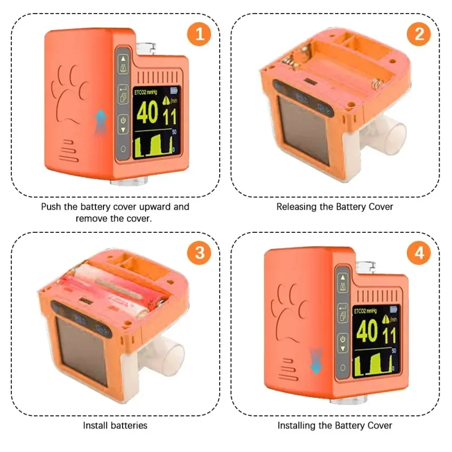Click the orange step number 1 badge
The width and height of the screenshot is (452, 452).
[x=199, y=34]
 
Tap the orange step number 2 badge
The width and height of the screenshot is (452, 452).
[x=419, y=34]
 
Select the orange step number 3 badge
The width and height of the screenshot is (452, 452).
[x=199, y=253]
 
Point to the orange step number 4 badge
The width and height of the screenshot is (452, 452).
[x=419, y=253]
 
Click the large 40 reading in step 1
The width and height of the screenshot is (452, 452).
[x=147, y=112]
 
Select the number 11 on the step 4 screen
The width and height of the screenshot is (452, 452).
[x=389, y=336]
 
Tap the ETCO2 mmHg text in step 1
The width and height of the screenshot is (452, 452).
[x=146, y=92]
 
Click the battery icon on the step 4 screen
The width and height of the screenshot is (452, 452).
[x=393, y=310]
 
